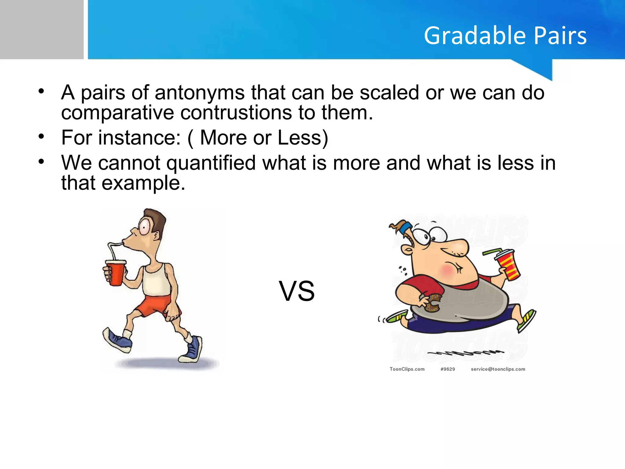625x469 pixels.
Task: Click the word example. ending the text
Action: pos(143,183)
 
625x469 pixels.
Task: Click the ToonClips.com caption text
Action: pos(407,369)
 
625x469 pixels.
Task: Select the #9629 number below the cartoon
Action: pos(448,369)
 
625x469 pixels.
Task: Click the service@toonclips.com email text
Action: pos(498,369)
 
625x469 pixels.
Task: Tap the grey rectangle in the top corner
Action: pos(42,29)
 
